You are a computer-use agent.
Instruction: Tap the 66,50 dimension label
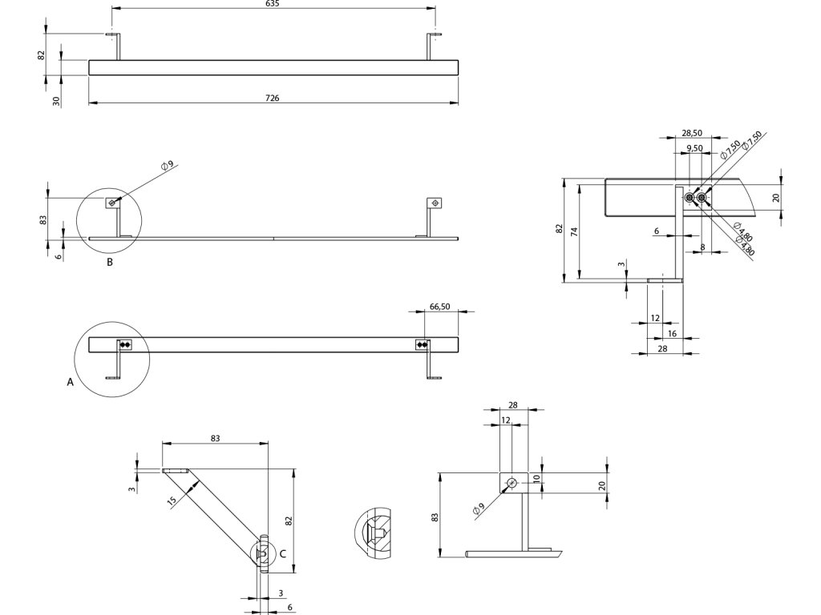point(439,306)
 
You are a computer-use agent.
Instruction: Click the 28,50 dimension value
point(692,133)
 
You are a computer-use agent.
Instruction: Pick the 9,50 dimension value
point(695,149)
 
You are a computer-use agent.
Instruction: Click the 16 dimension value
point(672,333)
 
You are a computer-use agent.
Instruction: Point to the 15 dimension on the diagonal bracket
point(172,501)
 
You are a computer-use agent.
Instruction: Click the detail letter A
point(71,383)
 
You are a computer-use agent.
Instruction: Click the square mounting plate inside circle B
point(112,203)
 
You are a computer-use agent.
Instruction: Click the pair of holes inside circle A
point(125,344)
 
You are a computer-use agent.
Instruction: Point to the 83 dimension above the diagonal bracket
point(215,438)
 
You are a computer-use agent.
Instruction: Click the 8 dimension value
point(702,247)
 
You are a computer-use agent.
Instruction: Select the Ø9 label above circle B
point(167,165)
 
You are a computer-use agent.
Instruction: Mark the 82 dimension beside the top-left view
point(41,54)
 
